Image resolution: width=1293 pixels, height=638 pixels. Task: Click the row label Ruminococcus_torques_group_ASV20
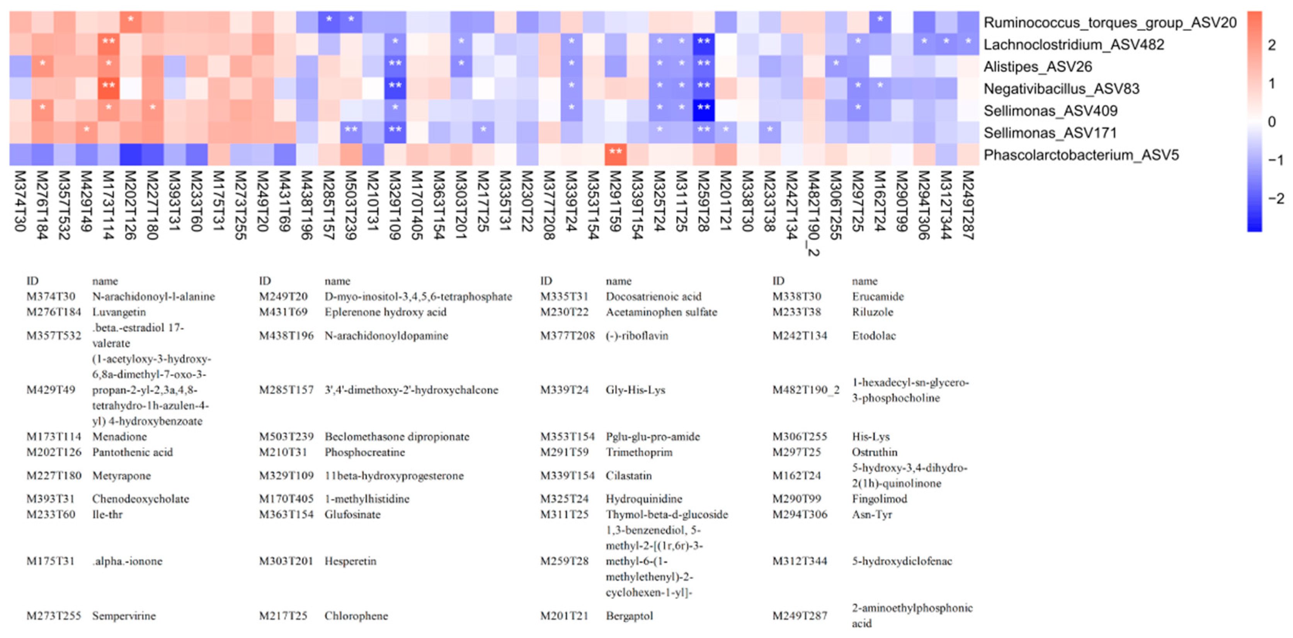pyautogui.click(x=1110, y=22)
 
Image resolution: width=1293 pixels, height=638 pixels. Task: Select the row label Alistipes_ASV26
pyautogui.click(x=1038, y=67)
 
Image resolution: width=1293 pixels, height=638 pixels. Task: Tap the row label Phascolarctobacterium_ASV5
pyautogui.click(x=1081, y=155)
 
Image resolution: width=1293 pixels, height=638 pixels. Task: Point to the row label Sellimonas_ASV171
pyautogui.click(x=1050, y=133)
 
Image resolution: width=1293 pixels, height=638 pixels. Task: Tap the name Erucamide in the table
pyautogui.click(x=877, y=297)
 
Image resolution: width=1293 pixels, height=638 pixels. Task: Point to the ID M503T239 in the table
pyautogui.click(x=286, y=437)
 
